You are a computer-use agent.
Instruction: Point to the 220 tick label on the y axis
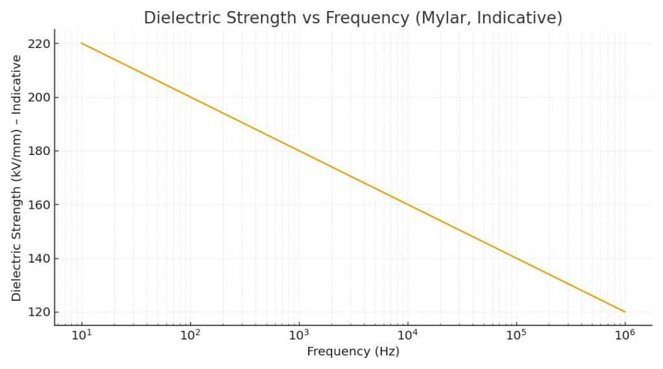pos(39,43)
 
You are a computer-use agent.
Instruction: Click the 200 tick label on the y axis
pos(39,97)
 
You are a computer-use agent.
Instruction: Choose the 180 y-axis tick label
pos(39,151)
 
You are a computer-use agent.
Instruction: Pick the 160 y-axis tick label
pos(39,205)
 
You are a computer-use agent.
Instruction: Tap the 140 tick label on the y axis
pos(39,259)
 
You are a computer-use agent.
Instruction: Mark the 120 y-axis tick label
pos(39,312)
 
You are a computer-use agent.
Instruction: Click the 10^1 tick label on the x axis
pos(82,335)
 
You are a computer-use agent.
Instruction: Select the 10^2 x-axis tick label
pos(190,335)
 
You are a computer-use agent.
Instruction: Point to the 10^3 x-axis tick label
pos(298,335)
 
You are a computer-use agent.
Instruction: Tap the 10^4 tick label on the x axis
pos(407,335)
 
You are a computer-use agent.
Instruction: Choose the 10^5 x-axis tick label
pos(516,335)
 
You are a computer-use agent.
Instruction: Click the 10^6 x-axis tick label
pos(625,335)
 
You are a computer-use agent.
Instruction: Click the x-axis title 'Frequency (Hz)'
pos(353,352)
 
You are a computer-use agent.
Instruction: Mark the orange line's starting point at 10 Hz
pos(82,43)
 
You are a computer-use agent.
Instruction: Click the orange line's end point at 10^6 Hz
pos(625,312)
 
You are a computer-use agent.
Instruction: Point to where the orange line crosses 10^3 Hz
pos(298,151)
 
